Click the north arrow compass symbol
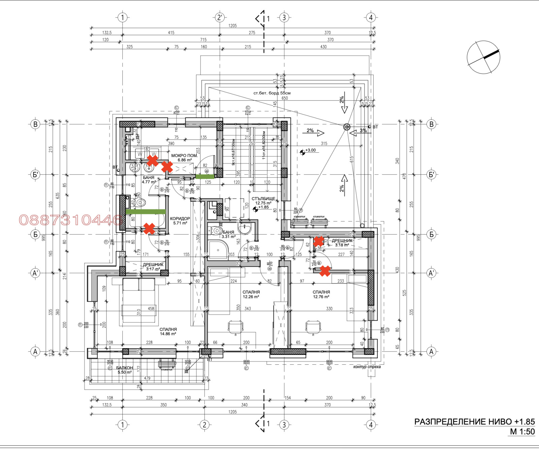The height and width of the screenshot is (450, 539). coord(483,57)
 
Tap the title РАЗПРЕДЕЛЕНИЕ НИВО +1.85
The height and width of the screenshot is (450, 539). coord(474,422)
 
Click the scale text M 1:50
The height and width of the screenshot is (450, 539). coord(522,432)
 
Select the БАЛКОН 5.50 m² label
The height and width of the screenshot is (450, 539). coord(124,370)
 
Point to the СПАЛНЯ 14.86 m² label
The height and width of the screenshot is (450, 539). coord(168,332)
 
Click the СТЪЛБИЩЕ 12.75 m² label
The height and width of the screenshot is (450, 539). coord(263,201)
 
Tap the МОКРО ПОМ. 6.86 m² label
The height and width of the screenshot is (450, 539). coord(184,158)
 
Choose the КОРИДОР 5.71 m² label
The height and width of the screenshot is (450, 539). coord(180,221)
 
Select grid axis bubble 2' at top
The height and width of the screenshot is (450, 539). coord(220,18)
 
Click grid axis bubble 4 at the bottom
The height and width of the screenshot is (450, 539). coord(371,425)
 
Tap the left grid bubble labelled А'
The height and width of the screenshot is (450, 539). coord(35,273)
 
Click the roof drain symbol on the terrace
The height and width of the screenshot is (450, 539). coord(347,127)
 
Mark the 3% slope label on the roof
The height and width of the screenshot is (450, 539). coord(363,130)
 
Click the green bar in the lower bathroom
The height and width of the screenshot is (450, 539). coord(146,212)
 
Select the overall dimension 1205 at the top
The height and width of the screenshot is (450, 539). coord(232,26)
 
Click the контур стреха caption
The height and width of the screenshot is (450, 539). coord(367,367)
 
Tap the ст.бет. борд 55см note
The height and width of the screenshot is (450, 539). coord(272,93)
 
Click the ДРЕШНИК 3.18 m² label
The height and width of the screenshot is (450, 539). coord(342,243)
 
